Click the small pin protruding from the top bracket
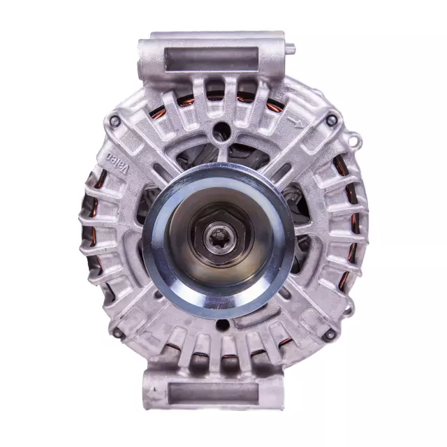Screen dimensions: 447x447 click(291, 49)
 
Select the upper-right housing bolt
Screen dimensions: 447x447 click(330, 121)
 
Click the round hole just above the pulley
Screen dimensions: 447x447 click(222, 129)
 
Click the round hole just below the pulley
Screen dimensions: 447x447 click(222, 325)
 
